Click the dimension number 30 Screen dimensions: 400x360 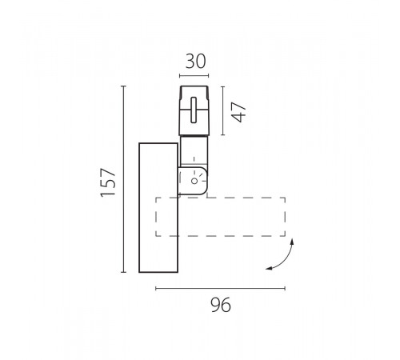click(195, 62)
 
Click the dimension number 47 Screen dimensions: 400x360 click(238, 112)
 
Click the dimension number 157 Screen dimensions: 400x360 click(108, 182)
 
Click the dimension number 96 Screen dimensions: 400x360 click(221, 305)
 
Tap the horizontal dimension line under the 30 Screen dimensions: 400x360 click(194, 76)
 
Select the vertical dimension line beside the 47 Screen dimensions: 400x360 click(222, 110)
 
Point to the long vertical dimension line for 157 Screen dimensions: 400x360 click(123, 179)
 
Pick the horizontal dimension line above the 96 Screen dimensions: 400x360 click(221, 288)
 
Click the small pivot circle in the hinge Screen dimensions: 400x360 click(194, 181)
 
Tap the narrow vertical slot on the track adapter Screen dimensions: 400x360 click(194, 110)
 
